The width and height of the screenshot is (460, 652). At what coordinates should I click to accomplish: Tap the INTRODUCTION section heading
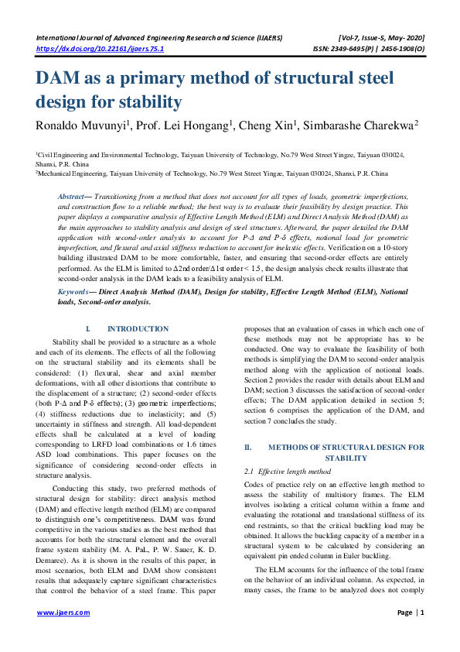[138, 329]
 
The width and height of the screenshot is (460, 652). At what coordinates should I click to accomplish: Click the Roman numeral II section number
[249, 448]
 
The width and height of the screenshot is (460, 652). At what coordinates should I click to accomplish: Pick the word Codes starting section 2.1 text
[255, 485]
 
